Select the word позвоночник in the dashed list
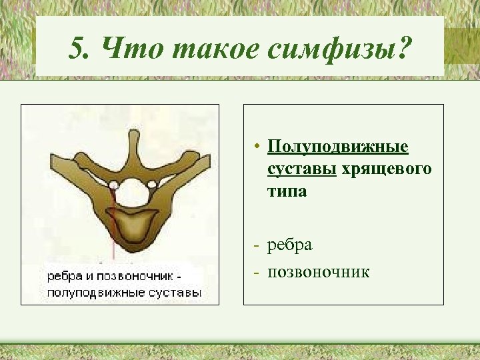click(x=319, y=272)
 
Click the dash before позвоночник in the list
click(x=257, y=272)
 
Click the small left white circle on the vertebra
click(x=114, y=185)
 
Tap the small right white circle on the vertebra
click(x=153, y=185)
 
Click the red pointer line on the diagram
click(x=115, y=227)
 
